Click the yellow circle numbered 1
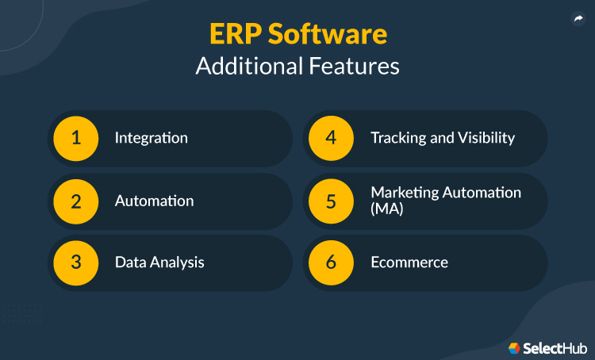[x=76, y=138]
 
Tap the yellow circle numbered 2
[x=76, y=201]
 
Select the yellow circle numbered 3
[x=76, y=262]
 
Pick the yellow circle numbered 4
[x=332, y=138]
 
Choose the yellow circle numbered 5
[x=332, y=201]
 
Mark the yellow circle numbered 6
[x=332, y=262]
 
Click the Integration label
[x=151, y=138]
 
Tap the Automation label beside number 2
[x=154, y=201]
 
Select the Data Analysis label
[x=159, y=262]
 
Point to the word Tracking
[x=397, y=138]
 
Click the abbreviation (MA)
[x=386, y=209]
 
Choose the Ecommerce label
[x=409, y=262]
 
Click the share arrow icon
[x=578, y=20]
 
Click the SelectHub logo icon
[x=514, y=347]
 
